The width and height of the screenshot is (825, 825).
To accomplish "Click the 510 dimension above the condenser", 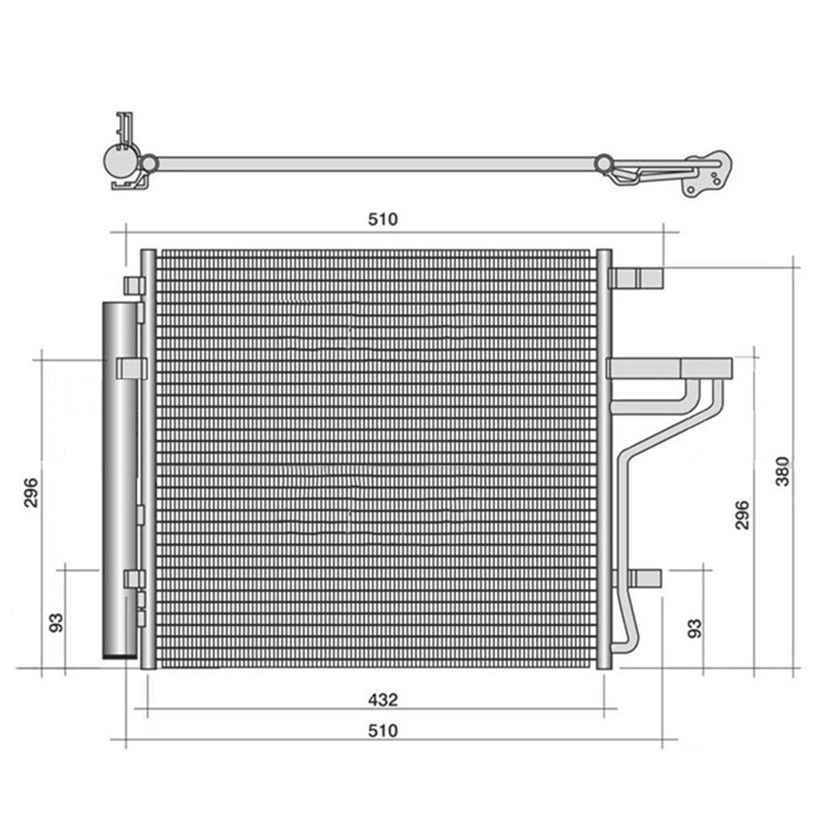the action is [382, 219].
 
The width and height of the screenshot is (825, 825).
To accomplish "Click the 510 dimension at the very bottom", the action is [382, 731].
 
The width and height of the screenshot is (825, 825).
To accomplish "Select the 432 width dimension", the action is [382, 700].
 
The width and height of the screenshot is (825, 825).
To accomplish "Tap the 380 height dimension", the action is [783, 472].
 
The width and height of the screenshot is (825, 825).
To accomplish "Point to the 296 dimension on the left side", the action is [31, 492].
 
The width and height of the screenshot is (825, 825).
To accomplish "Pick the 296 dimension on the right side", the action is [742, 514].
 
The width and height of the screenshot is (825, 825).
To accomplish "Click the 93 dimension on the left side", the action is [56, 623].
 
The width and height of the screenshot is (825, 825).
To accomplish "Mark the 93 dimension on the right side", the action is [695, 628].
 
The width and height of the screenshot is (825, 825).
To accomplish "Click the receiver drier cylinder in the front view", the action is [120, 481].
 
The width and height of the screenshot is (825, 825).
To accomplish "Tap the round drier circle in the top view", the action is [120, 160].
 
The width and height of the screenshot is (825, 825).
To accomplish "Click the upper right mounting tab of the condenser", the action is [636, 278].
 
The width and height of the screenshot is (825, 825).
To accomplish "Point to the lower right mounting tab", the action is [638, 578].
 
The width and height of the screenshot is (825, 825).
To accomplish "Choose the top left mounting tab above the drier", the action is [134, 285].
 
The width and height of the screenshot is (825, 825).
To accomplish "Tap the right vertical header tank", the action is [604, 459].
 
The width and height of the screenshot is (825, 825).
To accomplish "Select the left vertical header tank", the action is [148, 459].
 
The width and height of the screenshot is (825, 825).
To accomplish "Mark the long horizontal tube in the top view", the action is [376, 164].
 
